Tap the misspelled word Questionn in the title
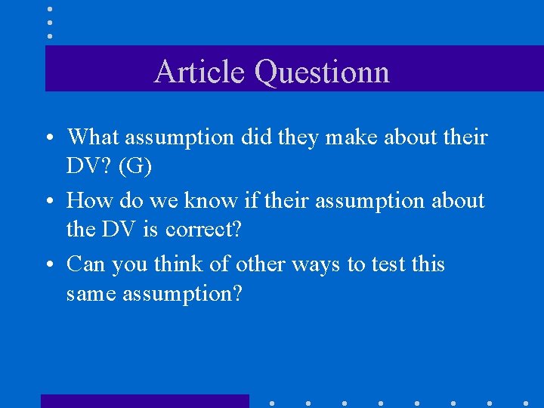click(322, 72)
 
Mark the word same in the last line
click(93, 293)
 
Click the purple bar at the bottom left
click(144, 401)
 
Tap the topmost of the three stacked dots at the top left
click(50, 9)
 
